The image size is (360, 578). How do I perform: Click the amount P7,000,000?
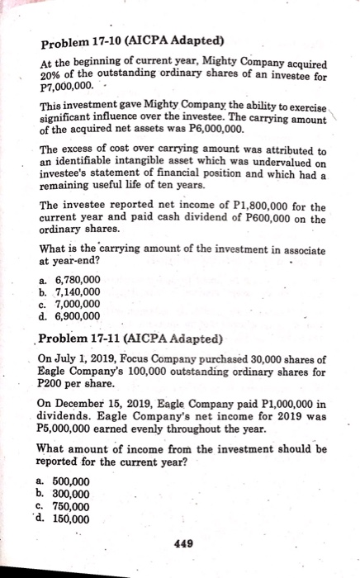[64, 84]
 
